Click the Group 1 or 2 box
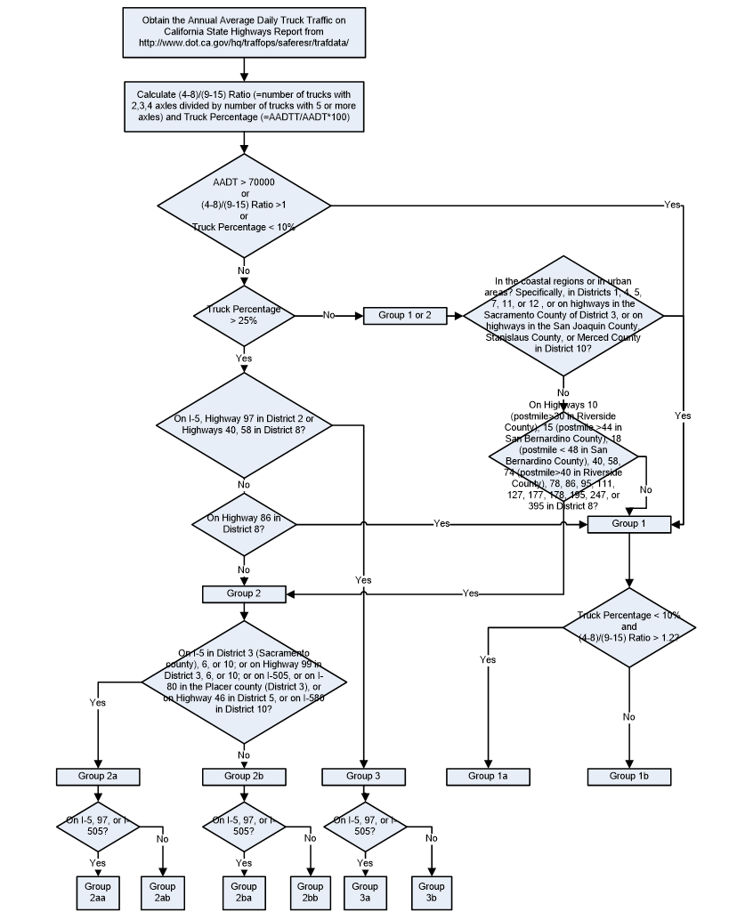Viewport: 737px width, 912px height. click(404, 315)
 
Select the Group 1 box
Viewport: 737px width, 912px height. click(628, 524)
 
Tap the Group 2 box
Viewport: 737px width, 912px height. click(243, 593)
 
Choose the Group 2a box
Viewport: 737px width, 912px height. click(98, 776)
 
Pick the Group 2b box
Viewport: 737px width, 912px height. click(244, 776)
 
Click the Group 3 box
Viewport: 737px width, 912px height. click(363, 776)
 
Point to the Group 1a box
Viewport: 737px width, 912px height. click(488, 776)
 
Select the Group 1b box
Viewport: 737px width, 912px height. click(628, 776)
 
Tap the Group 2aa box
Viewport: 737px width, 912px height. click(98, 892)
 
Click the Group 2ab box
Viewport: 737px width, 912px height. click(162, 892)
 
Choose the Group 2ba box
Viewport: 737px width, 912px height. click(244, 892)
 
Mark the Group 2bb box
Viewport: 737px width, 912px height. click(310, 892)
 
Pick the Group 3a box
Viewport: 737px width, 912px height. click(364, 892)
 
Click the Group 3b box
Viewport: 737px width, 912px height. click(431, 892)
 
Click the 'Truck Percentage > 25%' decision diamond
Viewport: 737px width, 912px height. click(244, 315)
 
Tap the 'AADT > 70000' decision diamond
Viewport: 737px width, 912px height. click(244, 205)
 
